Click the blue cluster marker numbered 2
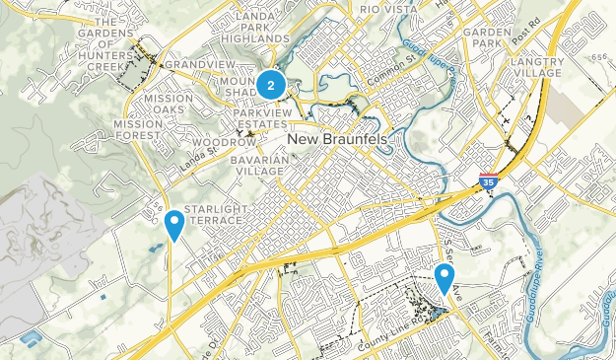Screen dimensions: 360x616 [x=270, y=86]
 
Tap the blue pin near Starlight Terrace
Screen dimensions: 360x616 [x=173, y=225]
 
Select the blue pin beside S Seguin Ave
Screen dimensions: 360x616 [x=445, y=278]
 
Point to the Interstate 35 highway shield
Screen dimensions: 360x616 [x=488, y=180]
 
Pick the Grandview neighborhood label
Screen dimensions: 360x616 [x=186, y=63]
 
